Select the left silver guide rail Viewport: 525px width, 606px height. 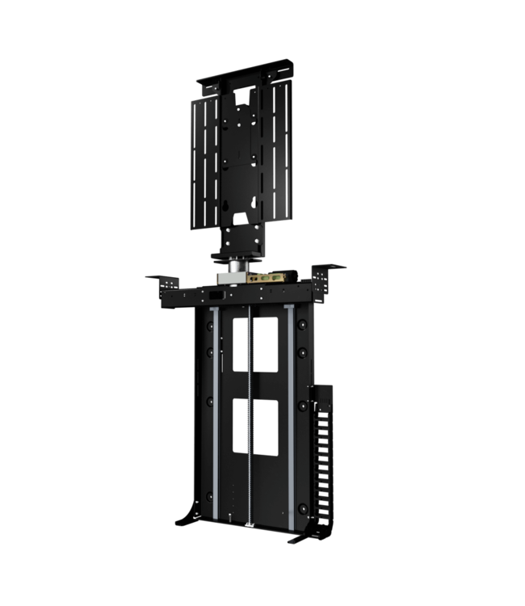tap(216, 412)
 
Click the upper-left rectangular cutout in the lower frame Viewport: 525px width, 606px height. tap(238, 343)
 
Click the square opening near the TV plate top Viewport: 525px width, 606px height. tap(241, 100)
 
